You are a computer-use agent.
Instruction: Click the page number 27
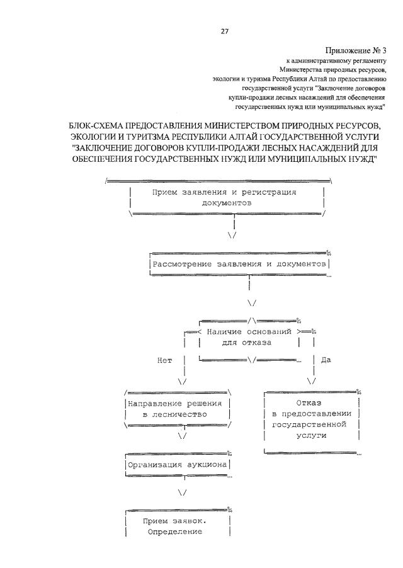(x=224, y=31)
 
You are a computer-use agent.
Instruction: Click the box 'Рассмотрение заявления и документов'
(x=239, y=264)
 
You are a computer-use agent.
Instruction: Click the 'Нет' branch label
(x=164, y=360)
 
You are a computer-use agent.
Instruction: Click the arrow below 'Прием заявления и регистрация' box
(x=232, y=235)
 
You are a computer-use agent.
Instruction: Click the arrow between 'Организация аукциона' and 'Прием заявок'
(x=182, y=492)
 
